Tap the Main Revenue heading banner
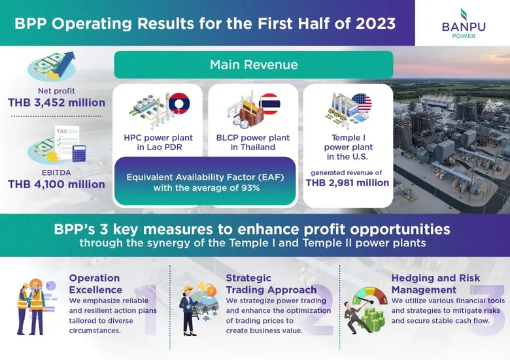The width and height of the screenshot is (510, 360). tap(254, 65)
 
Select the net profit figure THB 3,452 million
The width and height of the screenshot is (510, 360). tap(57, 103)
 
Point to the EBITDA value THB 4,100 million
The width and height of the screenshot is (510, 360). tap(57, 184)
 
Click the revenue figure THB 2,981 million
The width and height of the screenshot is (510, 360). tap(347, 183)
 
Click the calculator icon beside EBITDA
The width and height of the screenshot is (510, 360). tap(80, 154)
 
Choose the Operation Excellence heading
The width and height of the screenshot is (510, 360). tap(95, 284)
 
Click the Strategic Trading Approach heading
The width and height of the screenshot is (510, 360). tap(271, 284)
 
